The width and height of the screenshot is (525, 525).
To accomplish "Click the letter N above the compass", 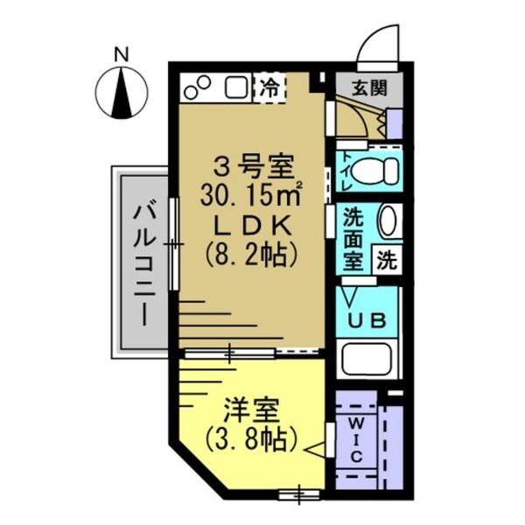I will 122,54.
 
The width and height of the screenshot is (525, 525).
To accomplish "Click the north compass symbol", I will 122,94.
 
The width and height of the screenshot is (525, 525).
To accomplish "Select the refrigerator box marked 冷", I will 270,87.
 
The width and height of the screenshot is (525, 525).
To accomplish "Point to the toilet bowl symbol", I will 377,171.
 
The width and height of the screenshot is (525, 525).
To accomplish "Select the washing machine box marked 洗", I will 388,259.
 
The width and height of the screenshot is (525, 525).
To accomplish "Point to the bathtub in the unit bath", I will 368,360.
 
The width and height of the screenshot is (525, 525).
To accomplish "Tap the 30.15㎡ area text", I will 250,194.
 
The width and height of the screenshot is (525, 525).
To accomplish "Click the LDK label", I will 250,225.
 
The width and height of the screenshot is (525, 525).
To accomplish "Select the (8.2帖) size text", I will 250,255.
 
